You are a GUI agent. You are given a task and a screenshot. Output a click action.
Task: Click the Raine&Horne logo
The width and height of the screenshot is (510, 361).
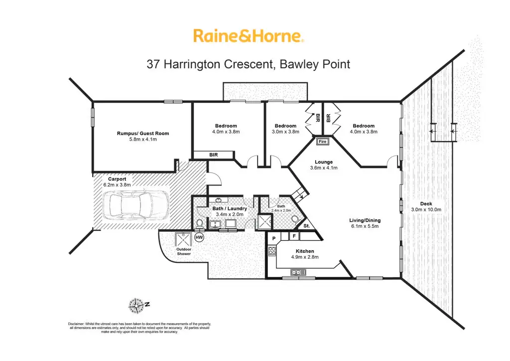coord(248,35)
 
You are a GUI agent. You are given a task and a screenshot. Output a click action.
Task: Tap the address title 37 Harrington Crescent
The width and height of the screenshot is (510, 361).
coord(248,64)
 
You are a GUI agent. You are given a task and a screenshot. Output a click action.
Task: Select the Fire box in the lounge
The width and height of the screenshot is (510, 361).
coord(322,141)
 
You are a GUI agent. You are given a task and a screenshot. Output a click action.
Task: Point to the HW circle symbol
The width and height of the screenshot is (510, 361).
coord(199,238)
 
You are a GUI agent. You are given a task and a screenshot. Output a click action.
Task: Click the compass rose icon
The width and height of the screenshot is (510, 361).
coord(135,303)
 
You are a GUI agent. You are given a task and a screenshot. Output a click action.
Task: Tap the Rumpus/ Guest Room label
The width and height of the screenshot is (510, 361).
coord(143,133)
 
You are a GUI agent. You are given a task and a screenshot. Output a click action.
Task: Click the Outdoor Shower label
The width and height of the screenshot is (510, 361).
coord(184,251)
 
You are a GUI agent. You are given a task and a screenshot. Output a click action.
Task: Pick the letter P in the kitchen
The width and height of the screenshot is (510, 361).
coord(274,238)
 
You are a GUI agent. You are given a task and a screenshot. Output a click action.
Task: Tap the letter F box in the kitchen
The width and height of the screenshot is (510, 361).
coord(294,236)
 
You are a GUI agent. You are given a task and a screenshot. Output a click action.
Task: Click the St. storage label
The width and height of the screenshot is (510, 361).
coord(307,226)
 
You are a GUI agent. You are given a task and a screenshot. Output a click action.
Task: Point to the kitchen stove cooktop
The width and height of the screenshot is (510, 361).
coord(272,251)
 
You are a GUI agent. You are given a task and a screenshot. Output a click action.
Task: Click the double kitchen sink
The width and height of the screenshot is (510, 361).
coord(297,272)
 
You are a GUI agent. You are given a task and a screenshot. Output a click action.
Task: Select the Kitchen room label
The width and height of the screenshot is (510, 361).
coord(304,251)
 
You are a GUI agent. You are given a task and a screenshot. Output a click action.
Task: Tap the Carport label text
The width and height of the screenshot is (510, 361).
coord(117,179)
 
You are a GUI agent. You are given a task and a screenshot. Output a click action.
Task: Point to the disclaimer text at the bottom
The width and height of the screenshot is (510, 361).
coord(139,328)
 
